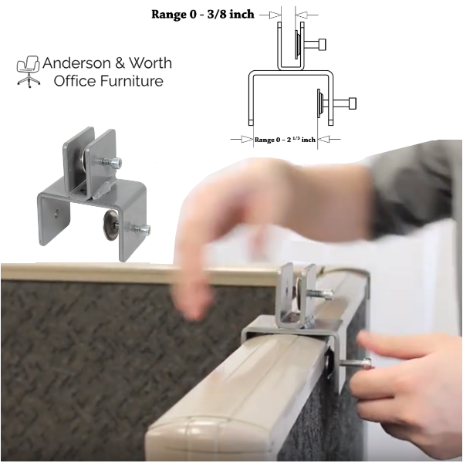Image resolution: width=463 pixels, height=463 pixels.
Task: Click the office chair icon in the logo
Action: click(x=29, y=71)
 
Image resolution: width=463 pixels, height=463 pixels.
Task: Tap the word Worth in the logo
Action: click(x=150, y=63)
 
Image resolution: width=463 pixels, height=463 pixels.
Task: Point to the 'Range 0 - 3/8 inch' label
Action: click(x=202, y=13)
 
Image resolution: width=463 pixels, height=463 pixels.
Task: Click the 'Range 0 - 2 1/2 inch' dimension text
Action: click(x=285, y=140)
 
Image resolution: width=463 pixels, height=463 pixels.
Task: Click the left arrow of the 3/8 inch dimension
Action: click(x=269, y=14)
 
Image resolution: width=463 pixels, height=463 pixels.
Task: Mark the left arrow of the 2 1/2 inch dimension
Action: click(x=241, y=140)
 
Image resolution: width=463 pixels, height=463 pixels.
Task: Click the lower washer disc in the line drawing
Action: click(x=319, y=103)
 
